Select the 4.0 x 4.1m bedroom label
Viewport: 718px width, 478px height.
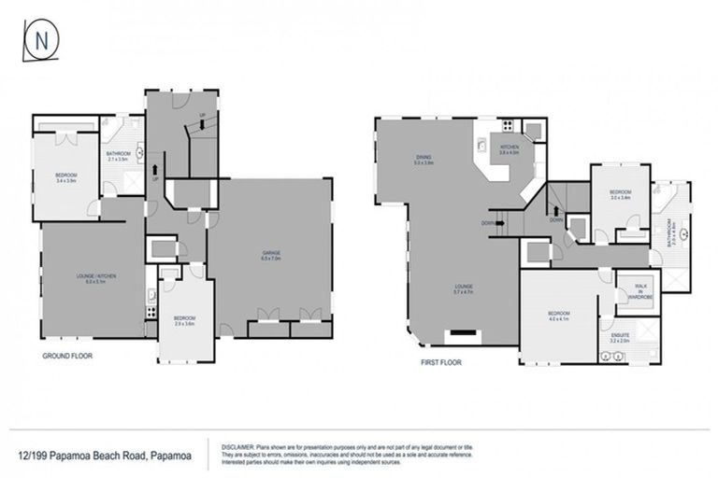(560, 315)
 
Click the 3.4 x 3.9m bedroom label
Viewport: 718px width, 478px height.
(65, 177)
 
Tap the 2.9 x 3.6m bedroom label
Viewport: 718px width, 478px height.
(183, 320)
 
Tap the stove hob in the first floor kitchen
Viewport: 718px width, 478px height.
(508, 126)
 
